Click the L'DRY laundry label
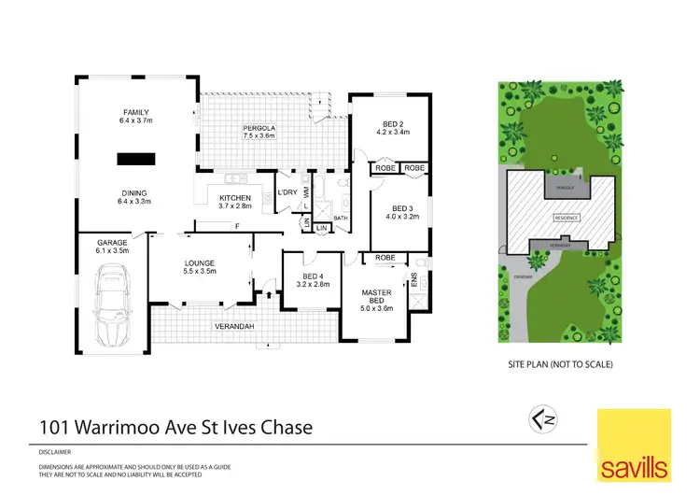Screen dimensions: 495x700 click(x=287, y=193)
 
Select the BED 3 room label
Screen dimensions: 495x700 click(x=402, y=212)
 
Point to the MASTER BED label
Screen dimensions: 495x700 click(x=376, y=298)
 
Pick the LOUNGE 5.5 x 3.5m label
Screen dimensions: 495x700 click(x=200, y=266)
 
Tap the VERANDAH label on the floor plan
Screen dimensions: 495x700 click(x=235, y=325)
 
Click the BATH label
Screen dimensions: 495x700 click(x=340, y=219)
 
